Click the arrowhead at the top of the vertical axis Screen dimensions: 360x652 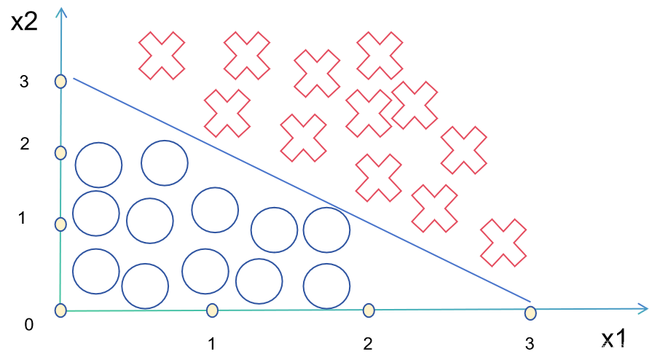point(61,12)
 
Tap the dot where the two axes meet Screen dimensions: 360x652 point(60,310)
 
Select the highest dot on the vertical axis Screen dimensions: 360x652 point(60,81)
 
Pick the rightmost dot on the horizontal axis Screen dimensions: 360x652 point(530,313)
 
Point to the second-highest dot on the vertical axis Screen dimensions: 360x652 point(60,153)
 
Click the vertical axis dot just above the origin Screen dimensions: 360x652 point(60,224)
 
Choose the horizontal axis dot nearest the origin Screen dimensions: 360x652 point(212,310)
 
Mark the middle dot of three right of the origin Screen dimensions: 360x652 point(369,310)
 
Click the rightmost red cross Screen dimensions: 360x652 point(503,243)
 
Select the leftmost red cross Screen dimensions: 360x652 point(162,55)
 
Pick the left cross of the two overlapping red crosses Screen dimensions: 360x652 point(369,113)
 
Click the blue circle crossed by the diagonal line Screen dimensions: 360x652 point(326,230)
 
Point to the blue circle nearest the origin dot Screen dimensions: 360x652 point(96,271)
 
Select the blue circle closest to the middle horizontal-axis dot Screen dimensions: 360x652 point(326,286)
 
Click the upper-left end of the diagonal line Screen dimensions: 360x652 point(74,79)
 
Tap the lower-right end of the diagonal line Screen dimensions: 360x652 point(530,301)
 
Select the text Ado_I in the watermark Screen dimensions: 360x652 point(626,347)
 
